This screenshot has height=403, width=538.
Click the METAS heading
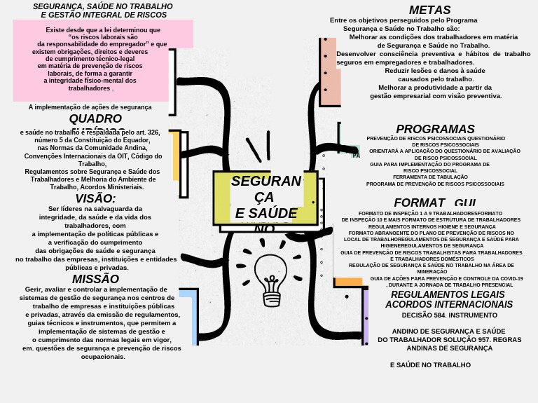429,11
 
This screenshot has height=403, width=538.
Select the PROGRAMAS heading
435,130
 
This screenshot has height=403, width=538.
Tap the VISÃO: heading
95,198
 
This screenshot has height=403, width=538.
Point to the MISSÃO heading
95,279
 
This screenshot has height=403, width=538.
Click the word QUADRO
95,118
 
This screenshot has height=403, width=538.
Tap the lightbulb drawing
270,279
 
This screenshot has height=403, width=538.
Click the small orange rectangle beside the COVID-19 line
348,282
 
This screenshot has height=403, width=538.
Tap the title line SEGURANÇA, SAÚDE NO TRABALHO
102,6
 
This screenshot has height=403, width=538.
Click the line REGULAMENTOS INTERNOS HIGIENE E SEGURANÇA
432,227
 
